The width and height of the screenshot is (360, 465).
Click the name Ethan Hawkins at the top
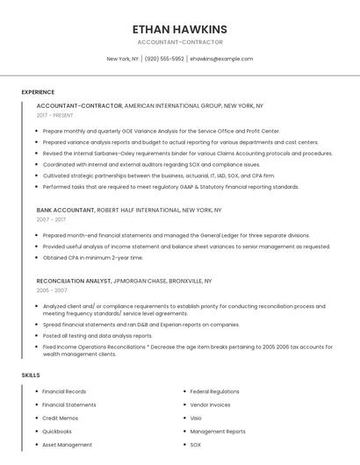pyautogui.click(x=180, y=29)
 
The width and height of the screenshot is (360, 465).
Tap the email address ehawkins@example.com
pyautogui.click(x=221, y=59)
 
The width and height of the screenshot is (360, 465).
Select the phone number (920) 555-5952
pyautogui.click(x=164, y=59)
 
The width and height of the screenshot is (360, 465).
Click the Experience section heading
pyautogui.click(x=38, y=92)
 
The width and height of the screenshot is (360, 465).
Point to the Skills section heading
pyautogui.click(x=30, y=376)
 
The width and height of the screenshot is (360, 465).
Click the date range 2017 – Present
pyautogui.click(x=55, y=115)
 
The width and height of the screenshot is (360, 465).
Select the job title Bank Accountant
pyautogui.click(x=65, y=211)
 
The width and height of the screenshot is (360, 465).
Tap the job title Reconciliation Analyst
pyautogui.click(x=74, y=281)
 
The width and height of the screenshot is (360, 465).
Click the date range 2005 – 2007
pyautogui.click(x=52, y=290)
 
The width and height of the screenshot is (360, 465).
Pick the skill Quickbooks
pyautogui.click(x=56, y=432)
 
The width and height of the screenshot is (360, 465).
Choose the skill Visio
pyautogui.click(x=196, y=418)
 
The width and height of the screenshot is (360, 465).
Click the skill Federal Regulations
pyautogui.click(x=214, y=391)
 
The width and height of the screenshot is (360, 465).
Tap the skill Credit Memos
pyautogui.click(x=60, y=418)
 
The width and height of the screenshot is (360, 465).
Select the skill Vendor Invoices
pyautogui.click(x=210, y=404)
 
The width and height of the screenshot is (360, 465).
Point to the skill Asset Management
pyautogui.click(x=67, y=445)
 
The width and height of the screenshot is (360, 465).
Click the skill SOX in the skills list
pyautogui.click(x=195, y=445)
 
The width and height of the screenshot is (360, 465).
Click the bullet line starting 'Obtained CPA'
pyautogui.click(x=92, y=258)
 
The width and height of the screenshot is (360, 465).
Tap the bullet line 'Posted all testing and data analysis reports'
pyautogui.click(x=97, y=335)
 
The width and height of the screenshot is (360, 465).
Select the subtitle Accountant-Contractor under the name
pyautogui.click(x=180, y=42)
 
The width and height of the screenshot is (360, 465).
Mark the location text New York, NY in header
pyautogui.click(x=123, y=59)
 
